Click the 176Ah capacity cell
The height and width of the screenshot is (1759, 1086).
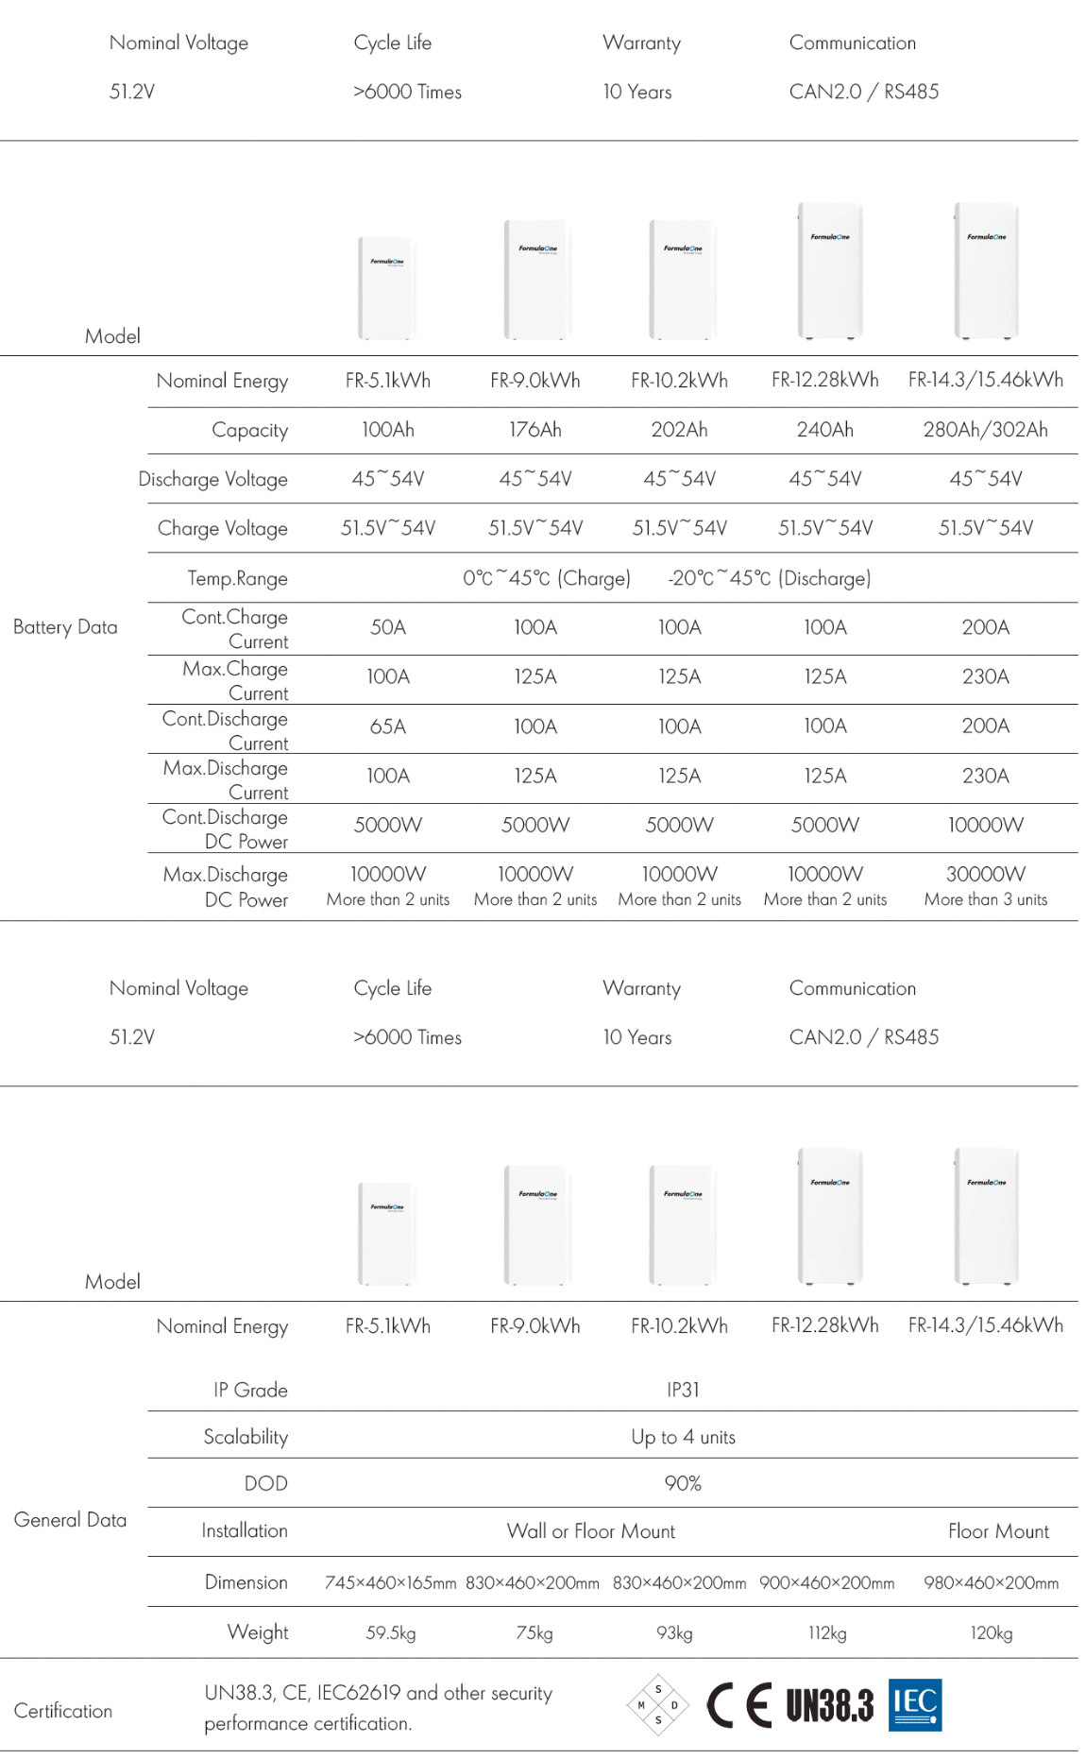[535, 430]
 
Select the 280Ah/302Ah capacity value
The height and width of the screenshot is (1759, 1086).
[985, 430]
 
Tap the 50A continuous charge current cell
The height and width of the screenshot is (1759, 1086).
[387, 627]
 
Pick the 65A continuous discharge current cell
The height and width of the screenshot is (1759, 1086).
[387, 726]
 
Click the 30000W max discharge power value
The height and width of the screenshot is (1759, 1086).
[985, 874]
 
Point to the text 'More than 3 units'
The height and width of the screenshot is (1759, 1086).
[985, 899]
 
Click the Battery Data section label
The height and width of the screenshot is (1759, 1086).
[65, 627]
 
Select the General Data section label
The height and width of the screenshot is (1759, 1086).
[70, 1520]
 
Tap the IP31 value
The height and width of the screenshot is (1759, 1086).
[683, 1390]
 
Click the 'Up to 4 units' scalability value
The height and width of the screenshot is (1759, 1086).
[683, 1437]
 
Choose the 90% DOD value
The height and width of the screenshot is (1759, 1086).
[683, 1483]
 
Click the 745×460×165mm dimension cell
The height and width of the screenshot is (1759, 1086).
[390, 1582]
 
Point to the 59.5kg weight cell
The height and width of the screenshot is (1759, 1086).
[390, 1632]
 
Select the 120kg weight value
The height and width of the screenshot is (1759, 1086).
[991, 1632]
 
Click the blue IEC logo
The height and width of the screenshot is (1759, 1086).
[914, 1705]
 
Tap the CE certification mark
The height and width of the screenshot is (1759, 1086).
[738, 1705]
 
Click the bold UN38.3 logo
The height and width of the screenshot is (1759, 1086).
[829, 1705]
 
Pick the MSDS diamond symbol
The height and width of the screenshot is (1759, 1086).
[658, 1705]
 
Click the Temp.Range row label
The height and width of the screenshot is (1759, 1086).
[237, 578]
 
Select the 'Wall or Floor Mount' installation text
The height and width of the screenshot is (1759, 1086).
[590, 1530]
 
